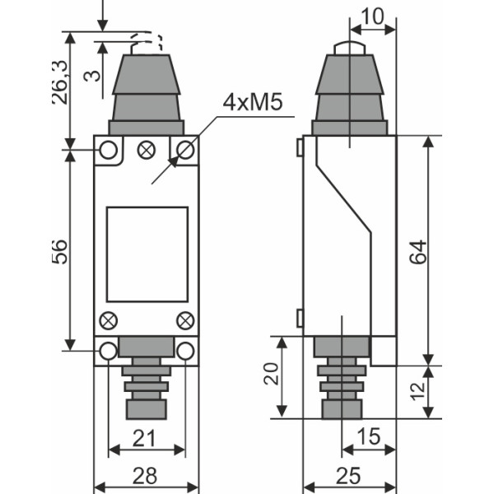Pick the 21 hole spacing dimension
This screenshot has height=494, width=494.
point(145,438)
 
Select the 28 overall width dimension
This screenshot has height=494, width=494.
point(145,476)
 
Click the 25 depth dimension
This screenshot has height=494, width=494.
point(351,476)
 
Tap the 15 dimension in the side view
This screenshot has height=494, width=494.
point(369,438)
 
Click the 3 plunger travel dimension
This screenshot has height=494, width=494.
point(96,74)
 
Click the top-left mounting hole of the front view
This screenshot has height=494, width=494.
point(108,150)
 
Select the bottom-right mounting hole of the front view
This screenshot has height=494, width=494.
point(186,352)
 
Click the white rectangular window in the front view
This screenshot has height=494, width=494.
point(147,254)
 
